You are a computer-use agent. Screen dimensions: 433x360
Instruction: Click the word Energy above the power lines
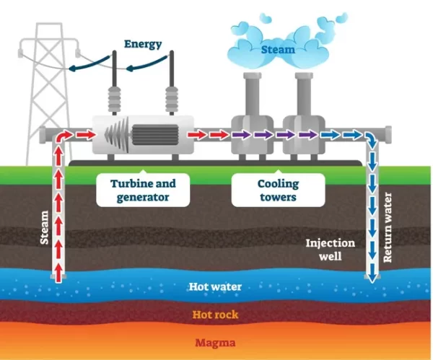tap(143, 44)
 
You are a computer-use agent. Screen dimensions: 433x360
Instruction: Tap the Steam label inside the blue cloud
tap(278, 50)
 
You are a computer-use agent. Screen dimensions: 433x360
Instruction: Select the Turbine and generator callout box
tap(143, 190)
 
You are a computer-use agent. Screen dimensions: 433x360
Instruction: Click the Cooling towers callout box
tap(278, 190)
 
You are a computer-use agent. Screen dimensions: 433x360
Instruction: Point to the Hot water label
tap(215, 287)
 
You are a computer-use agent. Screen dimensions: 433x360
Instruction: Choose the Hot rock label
tap(215, 315)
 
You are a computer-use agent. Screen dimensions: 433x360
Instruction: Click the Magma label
tap(215, 343)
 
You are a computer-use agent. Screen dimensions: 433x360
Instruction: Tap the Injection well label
tap(331, 250)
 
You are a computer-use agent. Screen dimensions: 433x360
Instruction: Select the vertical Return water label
tap(388, 227)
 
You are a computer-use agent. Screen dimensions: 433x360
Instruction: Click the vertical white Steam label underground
tap(44, 227)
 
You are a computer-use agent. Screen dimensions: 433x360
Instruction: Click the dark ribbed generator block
tap(155, 135)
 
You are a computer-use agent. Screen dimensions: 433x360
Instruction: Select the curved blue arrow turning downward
tap(372, 139)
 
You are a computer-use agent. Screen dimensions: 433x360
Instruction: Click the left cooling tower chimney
tap(252, 95)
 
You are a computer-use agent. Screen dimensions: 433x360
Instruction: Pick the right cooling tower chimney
tap(304, 95)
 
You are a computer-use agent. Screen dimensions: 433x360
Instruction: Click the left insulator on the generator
tap(114, 99)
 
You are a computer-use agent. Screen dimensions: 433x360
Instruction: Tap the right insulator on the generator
tap(172, 99)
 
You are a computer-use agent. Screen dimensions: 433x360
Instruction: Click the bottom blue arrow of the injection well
tap(372, 273)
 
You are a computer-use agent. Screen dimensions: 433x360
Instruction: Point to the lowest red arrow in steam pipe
tap(58, 273)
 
